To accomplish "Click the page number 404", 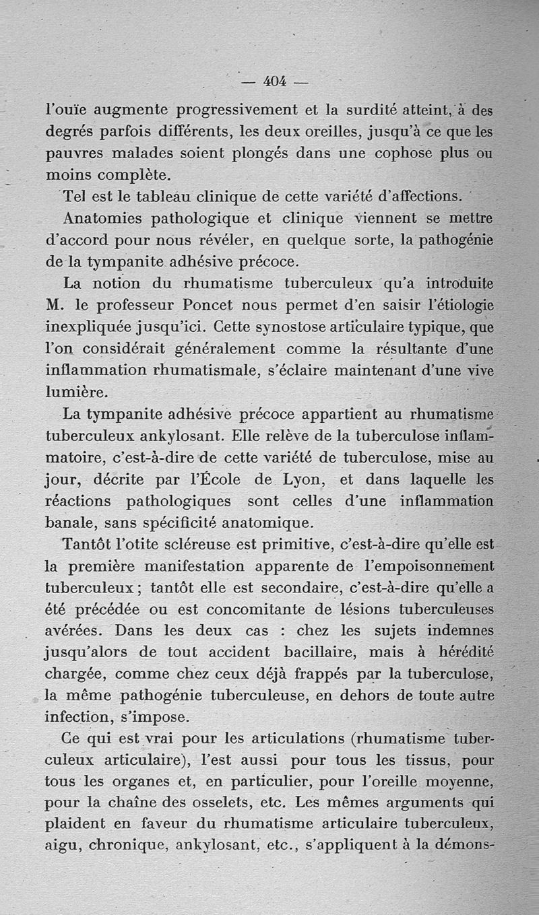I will click(x=274, y=81).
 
